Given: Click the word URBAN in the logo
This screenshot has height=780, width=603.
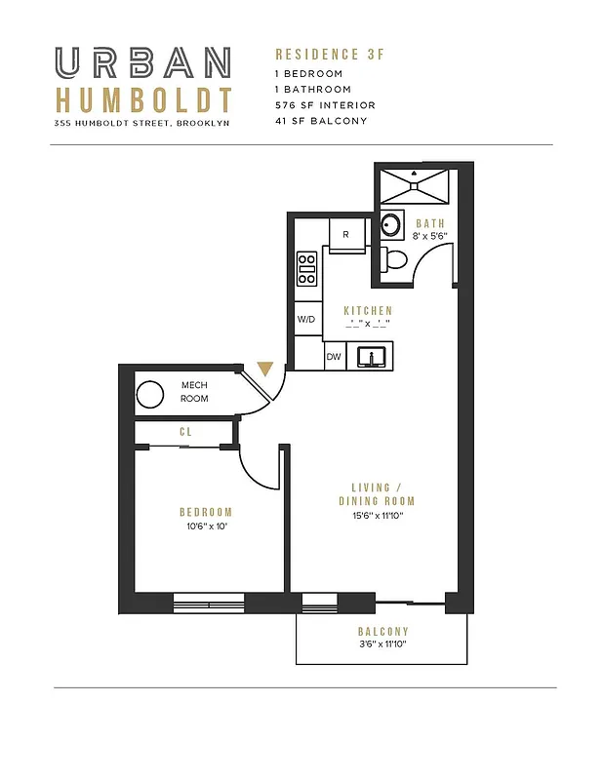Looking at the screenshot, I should coord(143,63).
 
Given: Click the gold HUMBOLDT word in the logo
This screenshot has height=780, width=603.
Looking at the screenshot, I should coord(143,100).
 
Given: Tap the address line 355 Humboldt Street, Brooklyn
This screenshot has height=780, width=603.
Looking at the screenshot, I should coord(142,123).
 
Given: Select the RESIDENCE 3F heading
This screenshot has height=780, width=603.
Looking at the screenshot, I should coord(329,55).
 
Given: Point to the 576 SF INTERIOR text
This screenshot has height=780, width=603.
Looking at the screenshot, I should coord(325,104).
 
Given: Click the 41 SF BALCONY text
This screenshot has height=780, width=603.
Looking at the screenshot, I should coord(321,121).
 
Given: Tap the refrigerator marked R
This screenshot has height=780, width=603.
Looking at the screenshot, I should coord(345,234).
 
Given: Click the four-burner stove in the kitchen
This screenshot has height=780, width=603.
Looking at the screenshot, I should coord(306,268).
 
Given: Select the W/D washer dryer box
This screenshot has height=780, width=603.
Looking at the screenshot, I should coord(306,319).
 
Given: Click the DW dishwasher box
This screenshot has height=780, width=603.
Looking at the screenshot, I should coord(334,358).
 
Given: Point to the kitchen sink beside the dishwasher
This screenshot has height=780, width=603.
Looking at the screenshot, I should coord(372,357).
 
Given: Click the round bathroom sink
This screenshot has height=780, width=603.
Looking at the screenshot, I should coord(390,225).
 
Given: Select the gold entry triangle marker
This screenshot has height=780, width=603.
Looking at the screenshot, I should coord(264,370).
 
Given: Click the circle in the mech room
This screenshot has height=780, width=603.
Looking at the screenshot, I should coord(149,395).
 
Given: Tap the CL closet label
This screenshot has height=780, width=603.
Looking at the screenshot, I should coord(184,430).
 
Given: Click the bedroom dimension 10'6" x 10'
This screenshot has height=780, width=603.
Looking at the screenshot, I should coord(205,526).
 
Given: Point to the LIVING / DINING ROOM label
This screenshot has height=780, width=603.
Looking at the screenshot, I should coord(370,494).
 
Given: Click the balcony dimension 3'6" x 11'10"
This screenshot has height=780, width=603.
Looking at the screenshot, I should coord(382,644).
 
